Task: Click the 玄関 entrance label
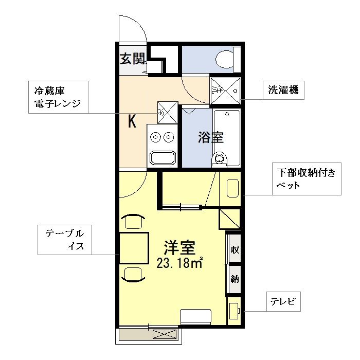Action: pos(133,59)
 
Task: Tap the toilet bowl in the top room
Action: pos(224,60)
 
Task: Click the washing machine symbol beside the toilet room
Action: pos(225,90)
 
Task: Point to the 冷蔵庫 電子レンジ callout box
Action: pos(58,97)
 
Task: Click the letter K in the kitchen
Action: pos(132,122)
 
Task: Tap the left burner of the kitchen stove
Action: pos(155,137)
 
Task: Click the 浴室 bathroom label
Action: pos(211,137)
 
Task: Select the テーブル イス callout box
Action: pos(64,240)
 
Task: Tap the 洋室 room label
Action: pos(179,248)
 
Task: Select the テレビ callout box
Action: pos(282,302)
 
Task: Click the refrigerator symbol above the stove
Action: pos(167,111)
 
